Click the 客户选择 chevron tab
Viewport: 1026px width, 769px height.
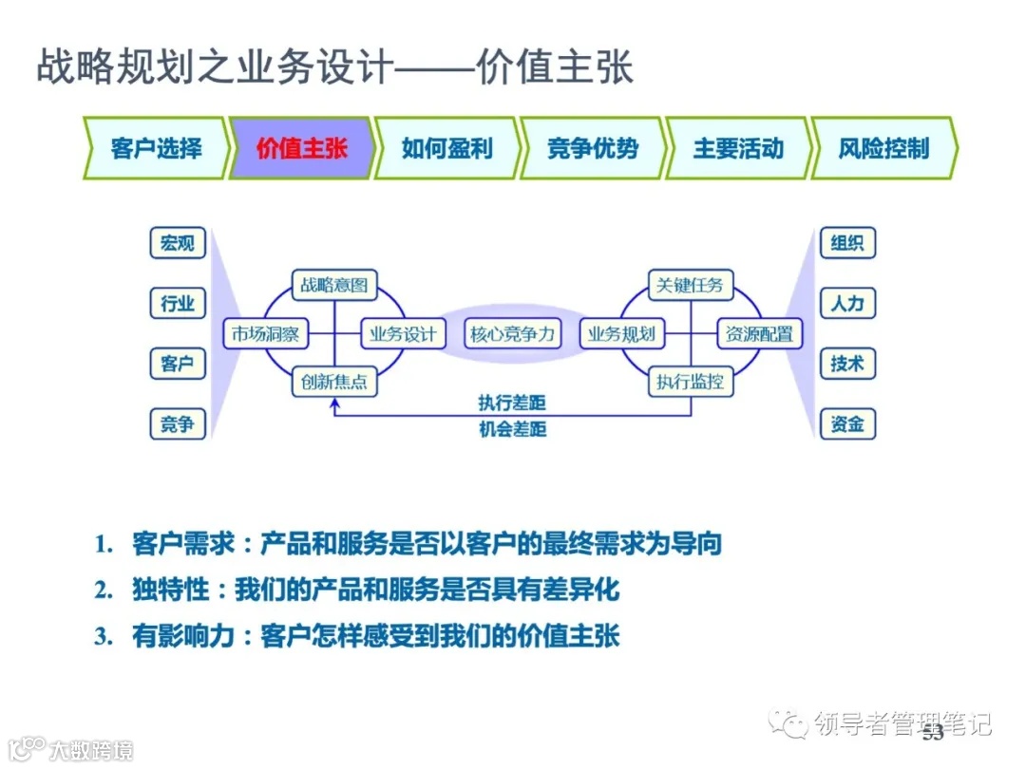point(156,148)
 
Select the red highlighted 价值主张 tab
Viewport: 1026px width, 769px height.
point(301,148)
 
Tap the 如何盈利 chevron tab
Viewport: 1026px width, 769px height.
point(446,148)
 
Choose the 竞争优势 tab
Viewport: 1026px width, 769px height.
point(592,148)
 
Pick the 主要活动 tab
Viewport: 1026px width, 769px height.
point(738,148)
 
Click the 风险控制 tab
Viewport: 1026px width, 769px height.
point(883,148)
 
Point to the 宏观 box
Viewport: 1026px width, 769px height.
point(178,243)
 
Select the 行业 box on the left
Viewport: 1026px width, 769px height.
point(178,304)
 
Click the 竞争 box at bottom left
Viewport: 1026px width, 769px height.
point(178,423)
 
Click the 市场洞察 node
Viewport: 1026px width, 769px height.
point(265,334)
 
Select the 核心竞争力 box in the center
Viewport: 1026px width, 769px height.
point(513,334)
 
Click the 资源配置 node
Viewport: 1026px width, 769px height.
point(758,334)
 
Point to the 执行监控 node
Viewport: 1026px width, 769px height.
point(691,383)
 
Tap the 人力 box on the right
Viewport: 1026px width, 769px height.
point(847,304)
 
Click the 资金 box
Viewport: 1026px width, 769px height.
point(847,423)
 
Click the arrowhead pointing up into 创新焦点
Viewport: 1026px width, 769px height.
point(333,403)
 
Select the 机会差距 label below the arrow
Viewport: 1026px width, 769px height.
point(512,429)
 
